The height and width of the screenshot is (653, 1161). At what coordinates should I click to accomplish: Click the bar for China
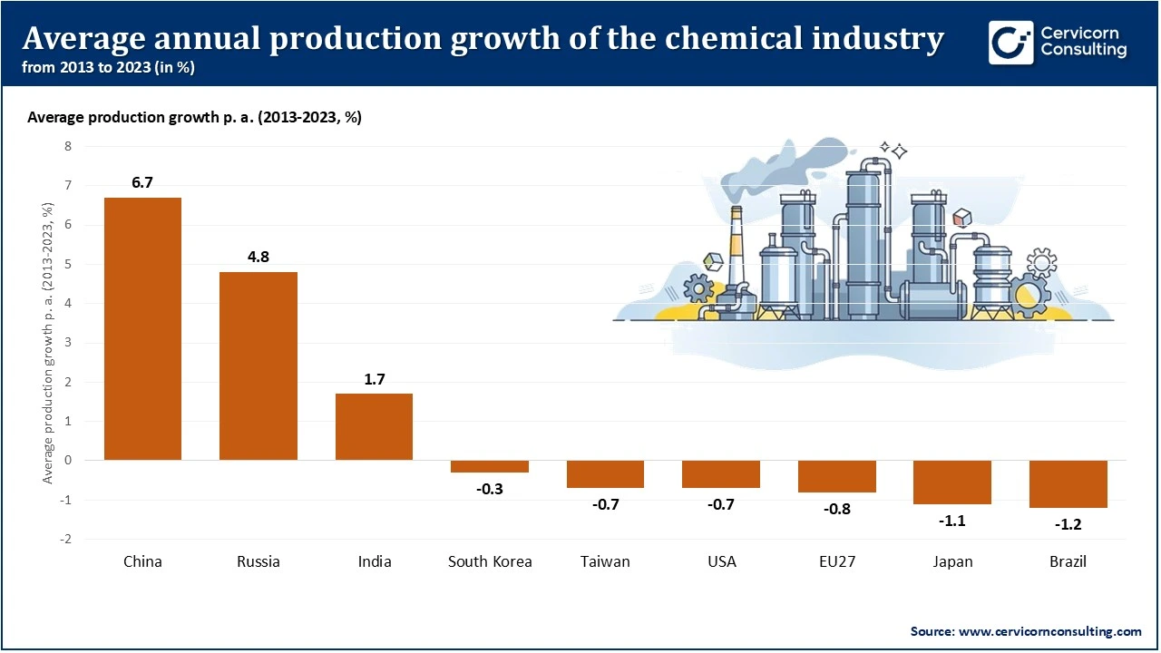pos(142,328)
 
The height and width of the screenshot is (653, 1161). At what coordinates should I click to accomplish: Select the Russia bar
pos(259,365)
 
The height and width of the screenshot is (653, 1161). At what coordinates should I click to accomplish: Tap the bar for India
pos(374,426)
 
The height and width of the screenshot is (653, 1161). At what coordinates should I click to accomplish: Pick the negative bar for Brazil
pos(1068,483)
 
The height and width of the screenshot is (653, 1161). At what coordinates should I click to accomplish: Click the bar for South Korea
pos(490,466)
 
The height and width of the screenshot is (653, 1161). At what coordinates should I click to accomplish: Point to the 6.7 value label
pos(142,182)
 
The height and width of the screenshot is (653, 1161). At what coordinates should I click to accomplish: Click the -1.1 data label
pos(952,521)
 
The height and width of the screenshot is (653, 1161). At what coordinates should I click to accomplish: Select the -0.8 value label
pos(836,509)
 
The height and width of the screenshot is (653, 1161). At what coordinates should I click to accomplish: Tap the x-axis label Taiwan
pos(605,561)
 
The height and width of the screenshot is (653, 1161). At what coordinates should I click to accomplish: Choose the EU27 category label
pos(836,561)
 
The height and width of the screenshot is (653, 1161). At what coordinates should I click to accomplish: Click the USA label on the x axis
pos(721,561)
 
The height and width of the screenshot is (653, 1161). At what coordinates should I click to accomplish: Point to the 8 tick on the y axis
pos(67,146)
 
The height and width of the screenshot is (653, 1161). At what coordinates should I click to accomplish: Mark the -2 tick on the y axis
pos(65,540)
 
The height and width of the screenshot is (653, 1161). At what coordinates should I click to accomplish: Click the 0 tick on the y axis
pos(67,461)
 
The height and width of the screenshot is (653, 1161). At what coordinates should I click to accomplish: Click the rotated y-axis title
pos(47,343)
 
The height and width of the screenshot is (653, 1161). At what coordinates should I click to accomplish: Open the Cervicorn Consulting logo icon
pos(1010,43)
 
